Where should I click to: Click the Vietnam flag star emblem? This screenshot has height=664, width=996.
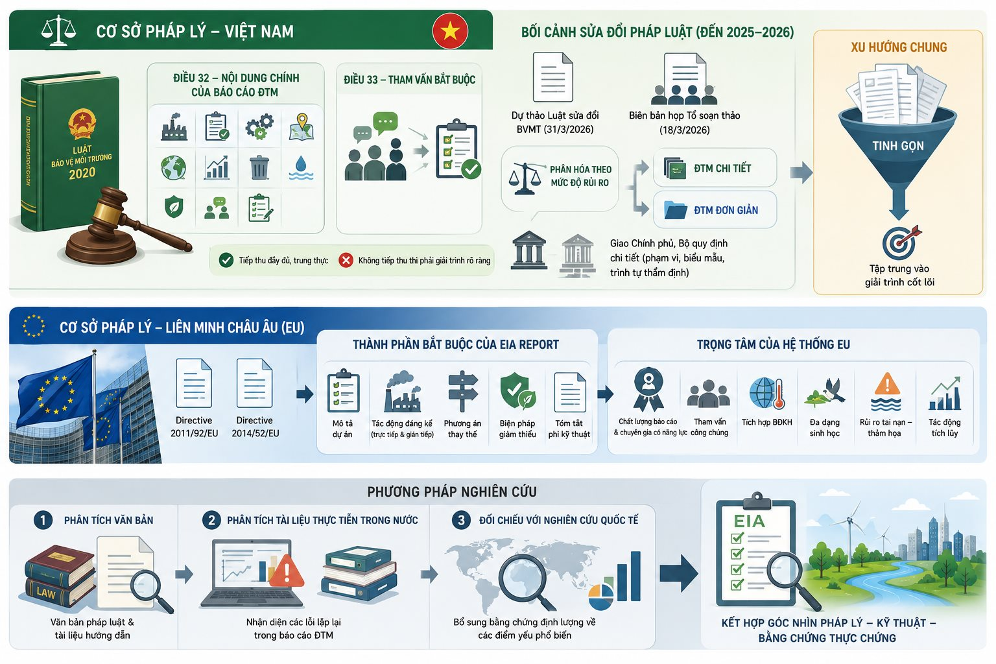[450, 31]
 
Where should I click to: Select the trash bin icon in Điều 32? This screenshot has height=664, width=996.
[259, 168]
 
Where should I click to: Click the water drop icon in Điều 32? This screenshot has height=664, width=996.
[301, 168]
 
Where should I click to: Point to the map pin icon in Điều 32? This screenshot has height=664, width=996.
[302, 126]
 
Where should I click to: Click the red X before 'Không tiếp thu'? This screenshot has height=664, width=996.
[346, 260]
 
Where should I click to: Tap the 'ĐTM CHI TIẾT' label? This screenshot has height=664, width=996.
[722, 169]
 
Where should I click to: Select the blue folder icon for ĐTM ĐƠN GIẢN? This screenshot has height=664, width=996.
[676, 210]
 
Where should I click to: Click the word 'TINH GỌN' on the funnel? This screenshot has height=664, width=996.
[897, 146]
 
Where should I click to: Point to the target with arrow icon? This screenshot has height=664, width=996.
[901, 243]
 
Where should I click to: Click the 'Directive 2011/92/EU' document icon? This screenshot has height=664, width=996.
[194, 383]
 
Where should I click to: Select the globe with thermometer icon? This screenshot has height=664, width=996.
[767, 393]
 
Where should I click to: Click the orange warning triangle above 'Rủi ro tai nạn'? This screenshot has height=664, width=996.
[887, 384]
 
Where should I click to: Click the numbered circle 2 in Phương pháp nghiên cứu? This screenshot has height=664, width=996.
[211, 520]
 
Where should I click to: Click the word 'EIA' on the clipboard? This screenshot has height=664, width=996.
[749, 521]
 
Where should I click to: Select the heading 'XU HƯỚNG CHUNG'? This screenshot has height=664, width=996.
[899, 47]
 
